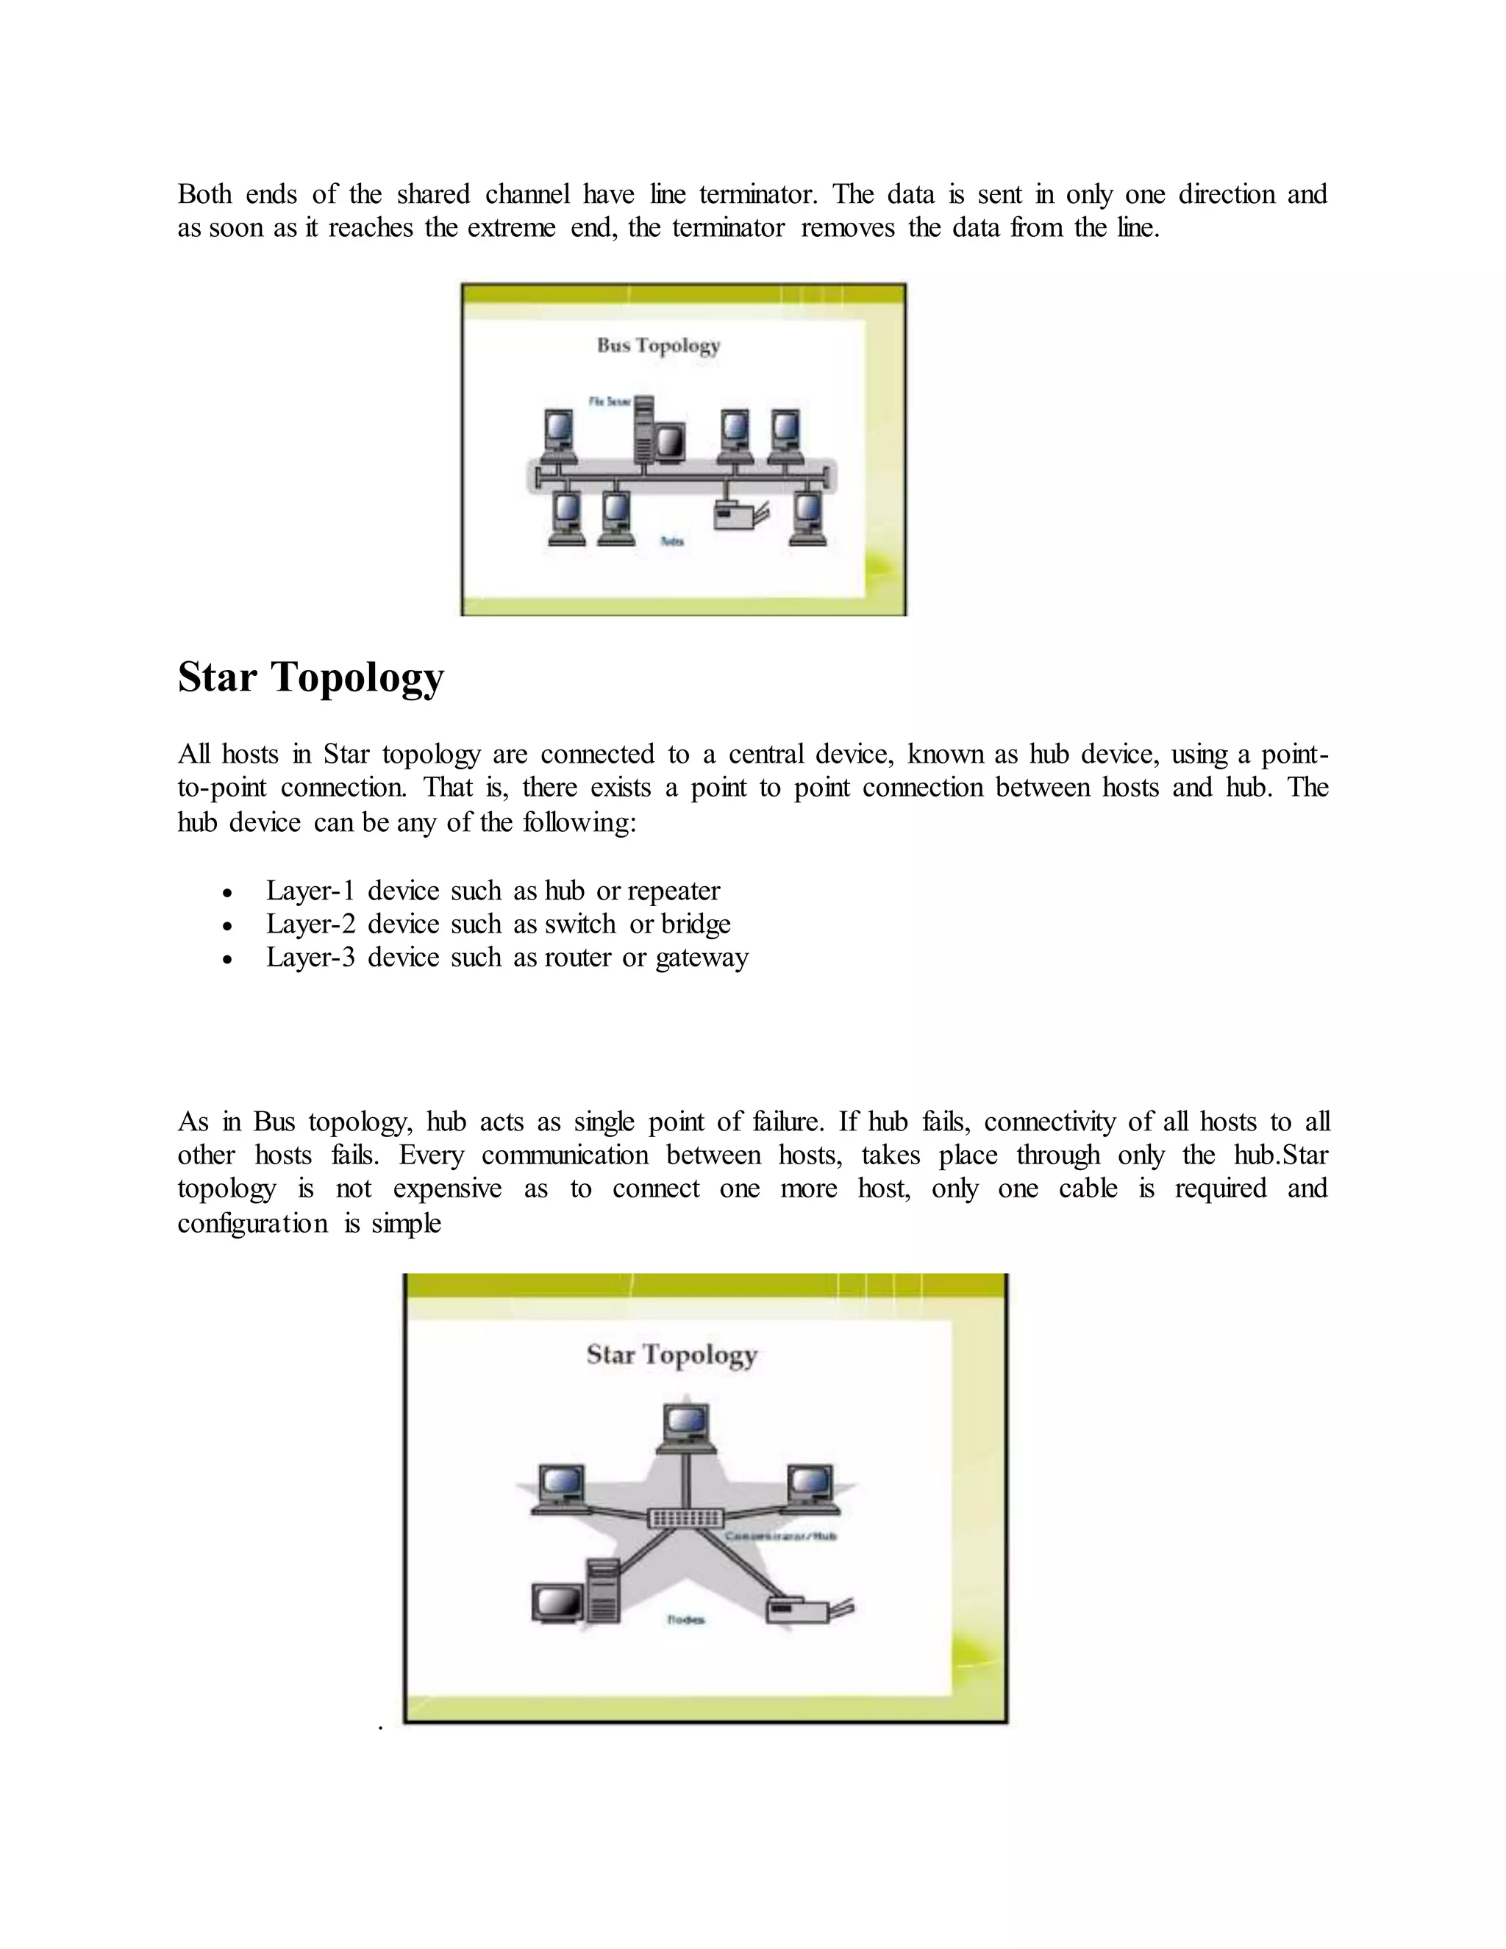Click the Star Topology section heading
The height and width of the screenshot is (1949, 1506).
310,678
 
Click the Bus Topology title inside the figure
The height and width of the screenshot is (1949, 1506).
658,346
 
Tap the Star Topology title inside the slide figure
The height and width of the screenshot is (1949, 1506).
672,1355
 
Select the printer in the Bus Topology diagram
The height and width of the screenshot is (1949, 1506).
740,515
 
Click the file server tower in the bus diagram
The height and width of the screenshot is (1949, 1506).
643,430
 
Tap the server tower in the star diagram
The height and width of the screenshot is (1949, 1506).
603,1591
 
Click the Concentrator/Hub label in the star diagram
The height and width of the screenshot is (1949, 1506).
781,1536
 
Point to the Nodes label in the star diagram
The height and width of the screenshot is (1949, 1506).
685,1620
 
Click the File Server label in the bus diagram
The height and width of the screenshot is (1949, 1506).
610,402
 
